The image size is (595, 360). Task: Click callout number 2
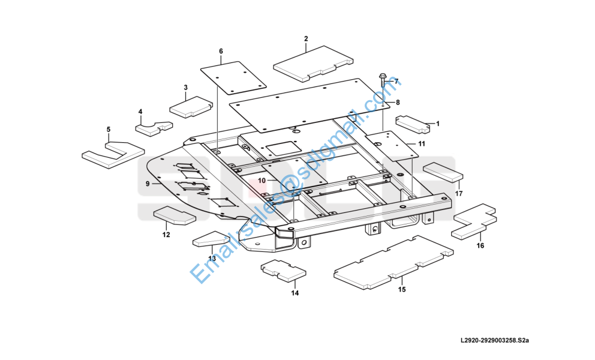tap(306, 39)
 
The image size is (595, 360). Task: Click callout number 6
tap(221, 51)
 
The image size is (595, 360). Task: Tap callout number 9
tap(148, 183)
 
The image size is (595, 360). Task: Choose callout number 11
tap(422, 144)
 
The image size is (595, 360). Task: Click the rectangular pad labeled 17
tap(443, 171)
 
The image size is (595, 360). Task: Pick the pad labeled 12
tap(174, 215)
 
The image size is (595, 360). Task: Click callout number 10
tap(262, 180)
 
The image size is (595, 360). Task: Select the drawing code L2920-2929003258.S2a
tap(495, 341)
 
